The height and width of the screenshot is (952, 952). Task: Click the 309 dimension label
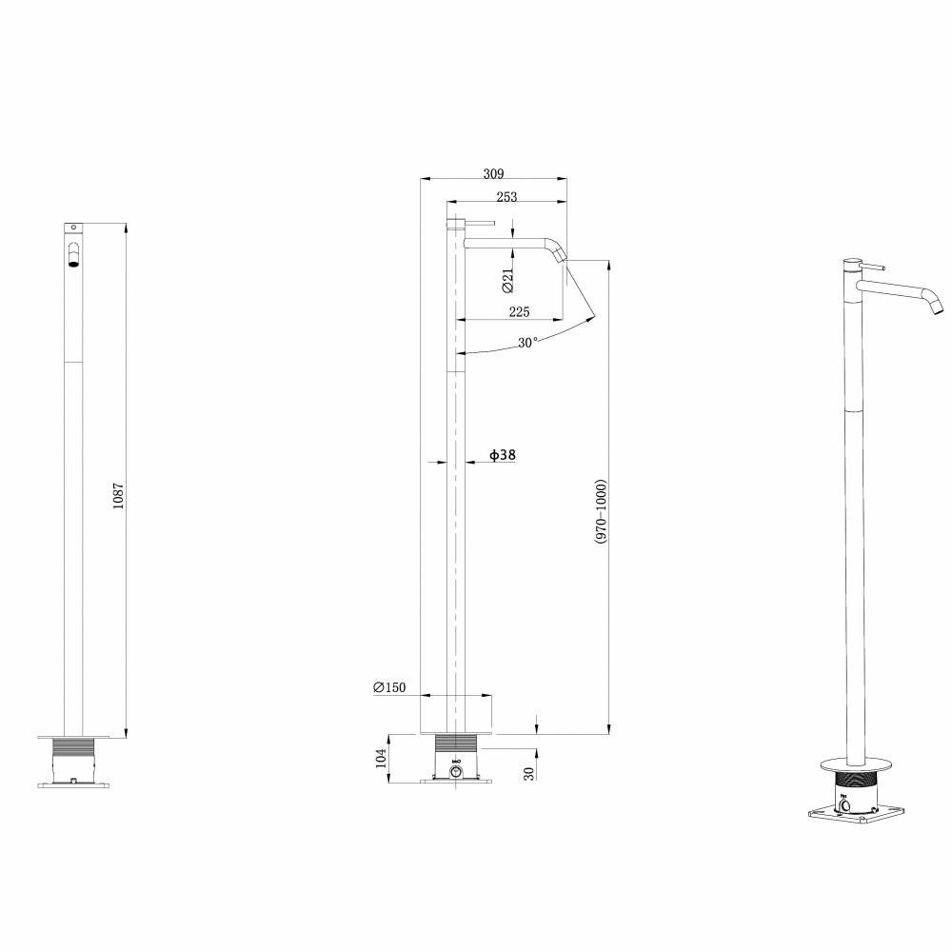tap(493, 174)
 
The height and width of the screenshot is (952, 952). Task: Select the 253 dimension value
tap(507, 197)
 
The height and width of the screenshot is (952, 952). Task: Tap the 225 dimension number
tap(519, 312)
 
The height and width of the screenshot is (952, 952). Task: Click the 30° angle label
tap(527, 343)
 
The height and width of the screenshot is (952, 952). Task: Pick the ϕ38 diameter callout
tap(503, 455)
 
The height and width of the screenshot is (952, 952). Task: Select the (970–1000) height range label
tap(601, 511)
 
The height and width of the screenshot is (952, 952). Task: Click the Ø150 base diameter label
tap(388, 687)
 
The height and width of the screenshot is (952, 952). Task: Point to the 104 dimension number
tap(381, 758)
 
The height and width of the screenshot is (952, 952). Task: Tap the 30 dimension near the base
tap(528, 773)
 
